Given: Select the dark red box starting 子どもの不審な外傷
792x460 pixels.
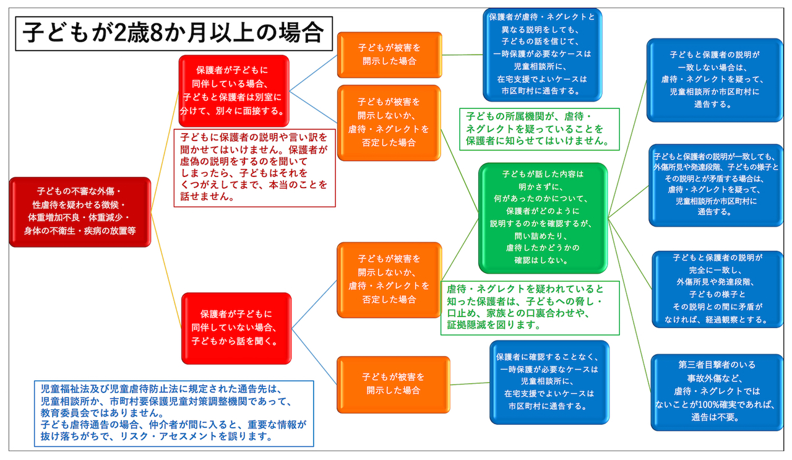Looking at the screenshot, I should tap(80, 212).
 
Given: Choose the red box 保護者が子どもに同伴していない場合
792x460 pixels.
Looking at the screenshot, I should tap(236, 328).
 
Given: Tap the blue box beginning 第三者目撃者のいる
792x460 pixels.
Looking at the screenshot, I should tap(716, 391).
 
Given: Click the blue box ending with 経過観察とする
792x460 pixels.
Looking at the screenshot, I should tap(718, 289).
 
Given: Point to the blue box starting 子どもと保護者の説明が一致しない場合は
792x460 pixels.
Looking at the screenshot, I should tap(715, 80).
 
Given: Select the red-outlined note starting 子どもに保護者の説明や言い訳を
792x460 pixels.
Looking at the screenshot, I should tap(254, 167).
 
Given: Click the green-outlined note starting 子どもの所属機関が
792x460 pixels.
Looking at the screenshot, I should tap(539, 129).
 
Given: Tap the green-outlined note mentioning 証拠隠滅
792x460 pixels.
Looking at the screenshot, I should tap(530, 308).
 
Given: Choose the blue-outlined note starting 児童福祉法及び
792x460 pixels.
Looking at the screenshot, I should tap(174, 413).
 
